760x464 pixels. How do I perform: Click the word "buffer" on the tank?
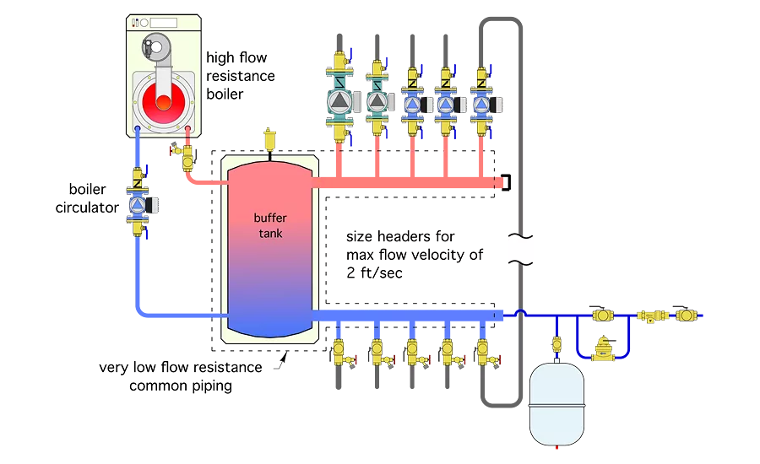coord(270,218)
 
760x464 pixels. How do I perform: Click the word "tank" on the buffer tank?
coord(270,234)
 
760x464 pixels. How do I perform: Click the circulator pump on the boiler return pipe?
coord(137,205)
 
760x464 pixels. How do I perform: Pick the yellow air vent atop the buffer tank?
coord(271,136)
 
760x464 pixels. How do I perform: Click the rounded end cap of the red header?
coord(500,181)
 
